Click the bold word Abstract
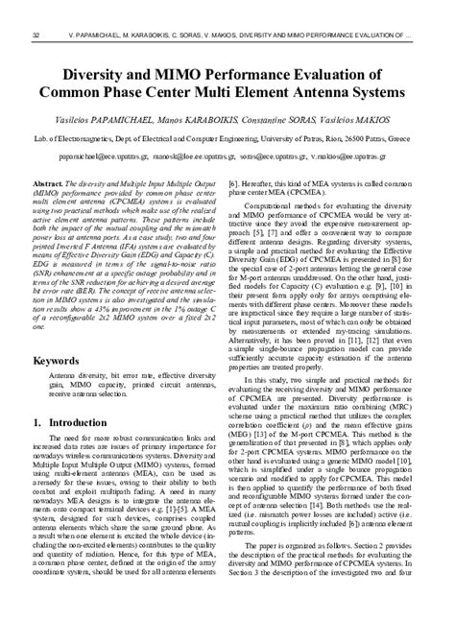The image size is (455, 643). (x=48, y=181)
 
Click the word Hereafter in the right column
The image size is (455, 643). (x=258, y=181)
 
